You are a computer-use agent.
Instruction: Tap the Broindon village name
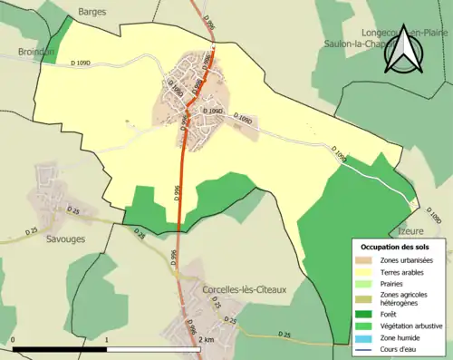click(36, 52)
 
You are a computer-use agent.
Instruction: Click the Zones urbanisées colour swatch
click(363, 259)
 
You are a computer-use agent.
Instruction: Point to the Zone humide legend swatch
click(363, 336)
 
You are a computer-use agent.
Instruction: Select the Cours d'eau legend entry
click(399, 346)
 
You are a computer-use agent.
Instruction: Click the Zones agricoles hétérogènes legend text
click(402, 298)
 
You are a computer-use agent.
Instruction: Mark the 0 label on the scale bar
click(14, 340)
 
